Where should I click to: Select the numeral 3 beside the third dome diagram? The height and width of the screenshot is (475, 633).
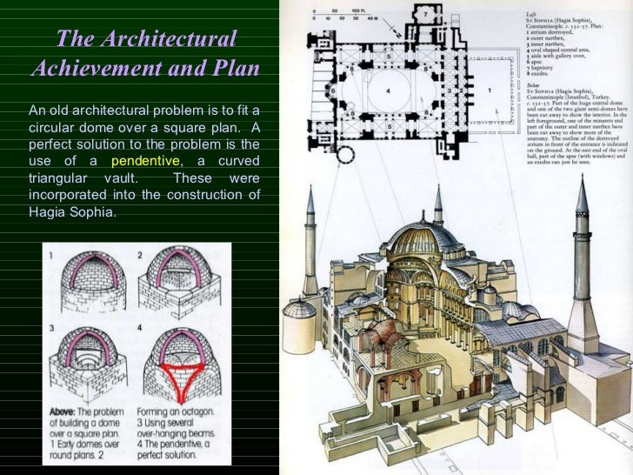pyautogui.click(x=51, y=328)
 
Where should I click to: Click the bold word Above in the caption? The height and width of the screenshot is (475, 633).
pyautogui.click(x=65, y=410)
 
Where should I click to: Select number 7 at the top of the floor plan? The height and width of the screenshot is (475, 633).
pyautogui.click(x=424, y=15)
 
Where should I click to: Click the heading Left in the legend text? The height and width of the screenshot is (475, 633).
pyautogui.click(x=532, y=14)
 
